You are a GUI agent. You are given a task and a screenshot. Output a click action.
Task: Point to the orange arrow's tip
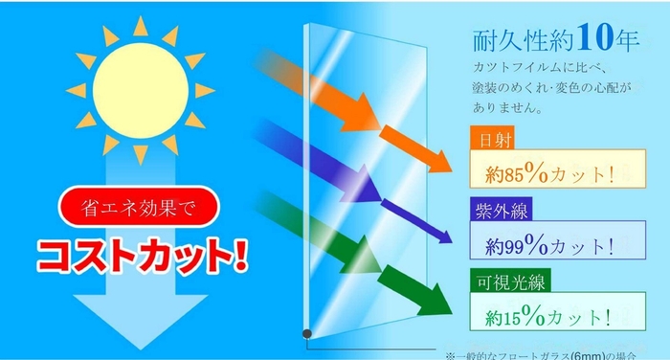pos(449,169)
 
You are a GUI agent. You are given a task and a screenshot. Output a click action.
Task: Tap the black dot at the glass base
pos(307,332)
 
